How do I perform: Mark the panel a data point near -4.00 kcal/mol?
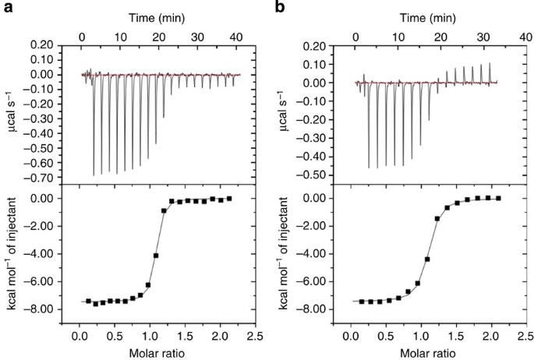(156, 256)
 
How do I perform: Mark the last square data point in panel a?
(229, 199)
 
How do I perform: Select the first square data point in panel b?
(361, 301)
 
